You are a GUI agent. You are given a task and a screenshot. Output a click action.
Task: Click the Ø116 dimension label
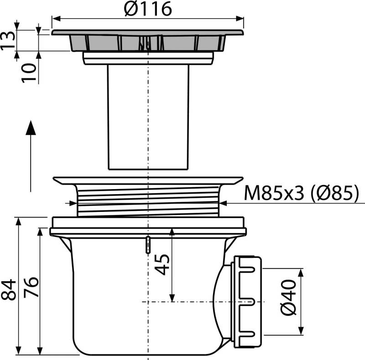pos(148,9)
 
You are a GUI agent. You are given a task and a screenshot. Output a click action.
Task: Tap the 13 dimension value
pos(8,40)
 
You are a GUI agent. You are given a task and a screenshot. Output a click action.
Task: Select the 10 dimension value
pos(29,73)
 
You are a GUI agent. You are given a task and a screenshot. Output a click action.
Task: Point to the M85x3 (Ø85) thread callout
pos(302,193)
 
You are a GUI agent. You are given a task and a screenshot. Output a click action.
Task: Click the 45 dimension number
pos(162,265)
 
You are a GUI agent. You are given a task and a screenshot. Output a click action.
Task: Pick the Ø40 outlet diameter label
pos(289,298)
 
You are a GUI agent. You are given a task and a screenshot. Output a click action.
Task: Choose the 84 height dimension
pos(8,289)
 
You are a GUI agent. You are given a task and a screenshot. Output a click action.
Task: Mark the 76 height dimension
pos(31,287)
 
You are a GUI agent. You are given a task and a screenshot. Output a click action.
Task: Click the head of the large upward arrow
pos(31,128)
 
